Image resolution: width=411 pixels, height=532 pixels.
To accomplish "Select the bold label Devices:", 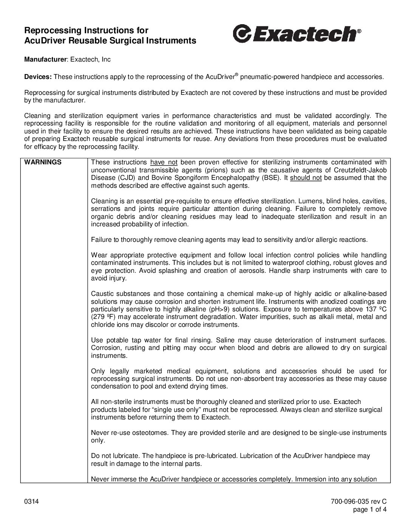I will [38, 77].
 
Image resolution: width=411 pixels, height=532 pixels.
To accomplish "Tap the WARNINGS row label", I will [43, 162].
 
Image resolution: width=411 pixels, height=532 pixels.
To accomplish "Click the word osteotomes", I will [148, 433].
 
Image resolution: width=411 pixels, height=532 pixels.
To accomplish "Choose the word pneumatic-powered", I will [269, 77].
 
